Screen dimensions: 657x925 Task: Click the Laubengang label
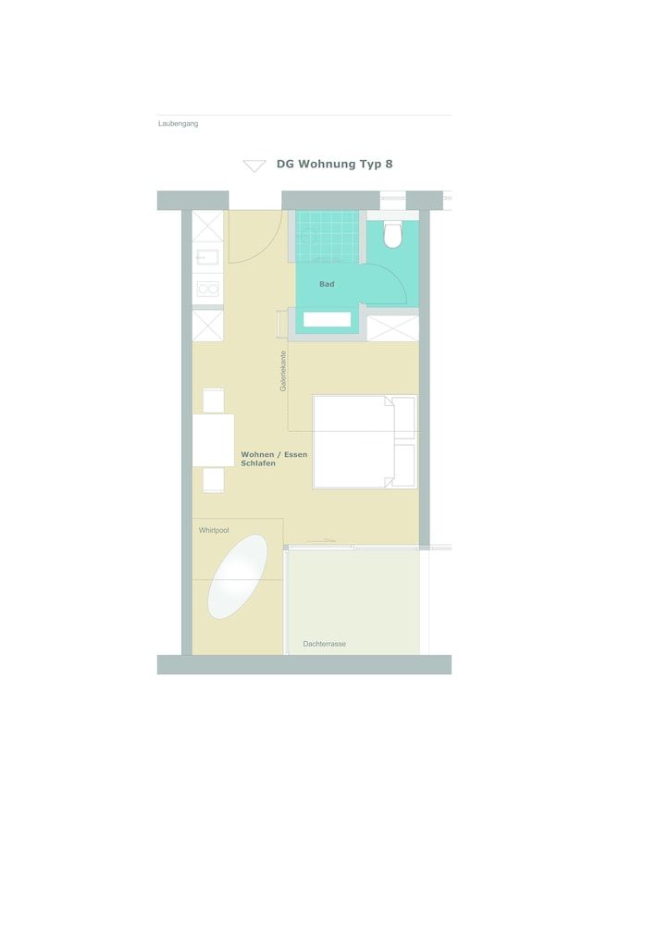(x=178, y=123)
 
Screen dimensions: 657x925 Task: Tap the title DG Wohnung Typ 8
(x=334, y=164)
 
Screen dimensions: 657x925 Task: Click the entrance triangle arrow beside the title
(x=254, y=166)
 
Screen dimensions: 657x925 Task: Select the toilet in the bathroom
(x=393, y=234)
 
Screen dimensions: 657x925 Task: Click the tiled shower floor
(x=327, y=236)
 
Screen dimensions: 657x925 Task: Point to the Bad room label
(x=327, y=284)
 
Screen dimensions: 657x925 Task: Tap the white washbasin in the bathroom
(x=327, y=319)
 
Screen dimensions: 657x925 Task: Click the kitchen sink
(x=207, y=256)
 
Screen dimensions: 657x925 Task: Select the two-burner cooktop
(x=208, y=289)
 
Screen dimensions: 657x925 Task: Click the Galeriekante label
(x=283, y=371)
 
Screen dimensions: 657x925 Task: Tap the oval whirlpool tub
(x=237, y=576)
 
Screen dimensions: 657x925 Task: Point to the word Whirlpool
(x=214, y=530)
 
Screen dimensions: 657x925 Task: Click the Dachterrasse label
(x=324, y=644)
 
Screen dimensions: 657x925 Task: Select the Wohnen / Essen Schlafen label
(x=274, y=459)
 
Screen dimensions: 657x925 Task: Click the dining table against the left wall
(x=213, y=440)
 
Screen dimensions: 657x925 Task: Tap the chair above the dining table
(x=213, y=401)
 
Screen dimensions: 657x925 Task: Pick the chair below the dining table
(x=213, y=479)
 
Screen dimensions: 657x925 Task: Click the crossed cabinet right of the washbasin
(x=392, y=328)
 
